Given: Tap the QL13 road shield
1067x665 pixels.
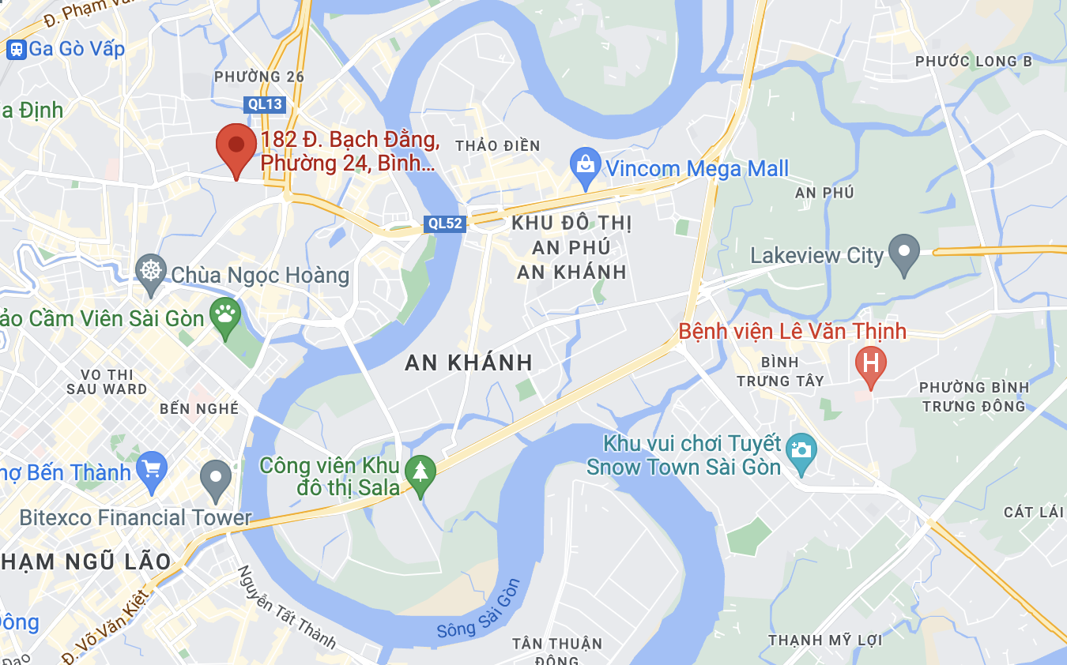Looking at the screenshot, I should pos(263,104).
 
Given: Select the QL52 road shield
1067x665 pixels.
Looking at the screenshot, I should pos(444,224).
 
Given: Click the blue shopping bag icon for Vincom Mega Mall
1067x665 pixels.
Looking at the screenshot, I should pos(586,167).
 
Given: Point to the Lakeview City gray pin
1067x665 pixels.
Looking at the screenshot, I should pos(904,253).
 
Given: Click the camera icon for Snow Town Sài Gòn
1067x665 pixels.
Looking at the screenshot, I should pos(801,451).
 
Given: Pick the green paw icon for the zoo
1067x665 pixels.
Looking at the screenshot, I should pos(225,316).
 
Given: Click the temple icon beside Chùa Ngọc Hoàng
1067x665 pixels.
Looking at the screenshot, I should pos(150,272).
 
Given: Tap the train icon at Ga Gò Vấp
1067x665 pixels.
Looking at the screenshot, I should pos(16,50).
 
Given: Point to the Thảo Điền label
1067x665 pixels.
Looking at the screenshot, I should pos(498,146).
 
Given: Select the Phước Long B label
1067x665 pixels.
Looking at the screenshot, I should pos(974,62).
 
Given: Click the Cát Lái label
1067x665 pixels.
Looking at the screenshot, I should pos(1034,513).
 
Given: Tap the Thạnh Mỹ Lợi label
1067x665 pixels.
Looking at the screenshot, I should pos(825,641).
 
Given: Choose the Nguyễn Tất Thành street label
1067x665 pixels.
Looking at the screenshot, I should pos(287,607).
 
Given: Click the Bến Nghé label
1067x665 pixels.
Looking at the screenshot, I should pos(199,409).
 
